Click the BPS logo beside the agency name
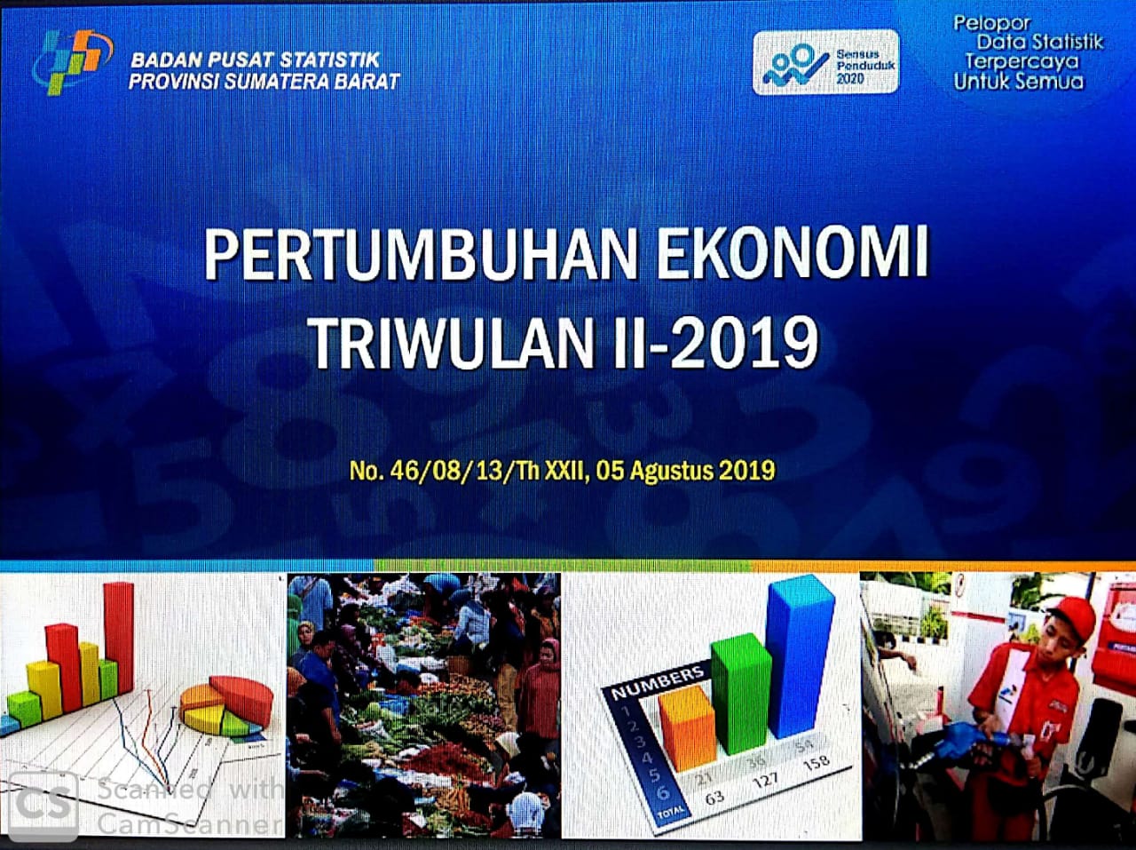click(x=71, y=62)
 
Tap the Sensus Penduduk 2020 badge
click(x=825, y=62)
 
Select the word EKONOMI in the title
click(x=792, y=254)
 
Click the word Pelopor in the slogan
click(x=991, y=23)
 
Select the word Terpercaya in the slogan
click(x=1022, y=61)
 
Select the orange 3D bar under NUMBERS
click(x=687, y=727)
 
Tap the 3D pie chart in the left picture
click(x=226, y=706)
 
